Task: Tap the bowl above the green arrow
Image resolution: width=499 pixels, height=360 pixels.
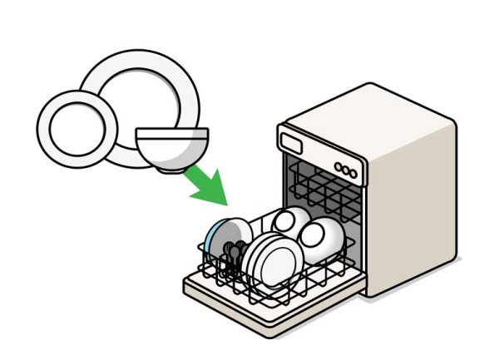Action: (x=171, y=150)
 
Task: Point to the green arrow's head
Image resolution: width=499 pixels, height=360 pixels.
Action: (x=212, y=190)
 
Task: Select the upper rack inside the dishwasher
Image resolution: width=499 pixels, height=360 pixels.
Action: (x=324, y=187)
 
